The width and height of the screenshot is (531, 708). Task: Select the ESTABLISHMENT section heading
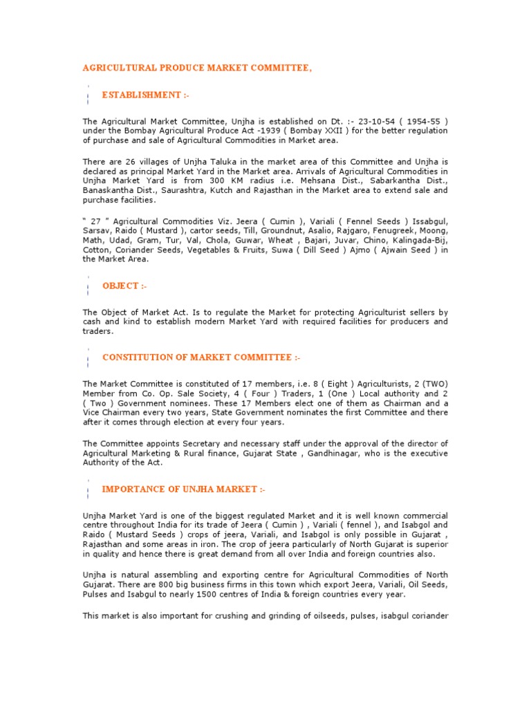[142, 95]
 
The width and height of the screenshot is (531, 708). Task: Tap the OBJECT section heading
[124, 286]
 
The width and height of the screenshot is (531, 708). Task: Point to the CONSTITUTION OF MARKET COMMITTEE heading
[201, 357]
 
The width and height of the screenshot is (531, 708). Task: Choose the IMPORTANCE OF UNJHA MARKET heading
[183, 490]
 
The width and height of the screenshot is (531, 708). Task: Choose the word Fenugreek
[397, 230]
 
